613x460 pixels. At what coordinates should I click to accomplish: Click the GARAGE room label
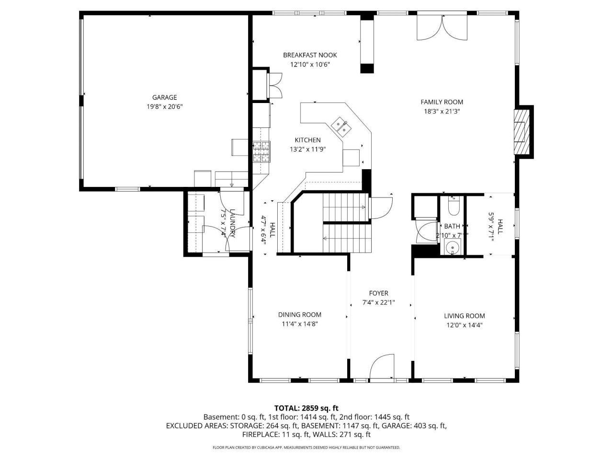pos(164,97)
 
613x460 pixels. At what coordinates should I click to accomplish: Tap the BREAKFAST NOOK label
pos(310,55)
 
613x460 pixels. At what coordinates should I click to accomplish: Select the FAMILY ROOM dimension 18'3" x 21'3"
pos(442,111)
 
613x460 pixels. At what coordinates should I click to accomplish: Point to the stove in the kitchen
pos(261,151)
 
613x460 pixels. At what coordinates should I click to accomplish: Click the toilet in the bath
pos(453,207)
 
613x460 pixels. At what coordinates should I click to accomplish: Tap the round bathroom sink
pos(452,247)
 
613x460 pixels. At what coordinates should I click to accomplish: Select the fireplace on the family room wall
pos(522,131)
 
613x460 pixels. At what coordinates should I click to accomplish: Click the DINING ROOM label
pos(300,315)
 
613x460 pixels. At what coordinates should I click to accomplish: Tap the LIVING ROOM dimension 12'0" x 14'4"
pos(464,325)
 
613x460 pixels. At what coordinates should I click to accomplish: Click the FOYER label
pos(378,293)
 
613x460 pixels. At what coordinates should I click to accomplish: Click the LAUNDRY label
pos(232,223)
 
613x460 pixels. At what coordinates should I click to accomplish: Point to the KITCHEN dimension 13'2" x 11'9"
pos(307,149)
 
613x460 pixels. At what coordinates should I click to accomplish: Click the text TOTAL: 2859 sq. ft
pos(306,408)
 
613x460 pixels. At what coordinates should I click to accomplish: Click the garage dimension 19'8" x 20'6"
pos(164,107)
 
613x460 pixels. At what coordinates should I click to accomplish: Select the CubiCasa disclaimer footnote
pos(306,448)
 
